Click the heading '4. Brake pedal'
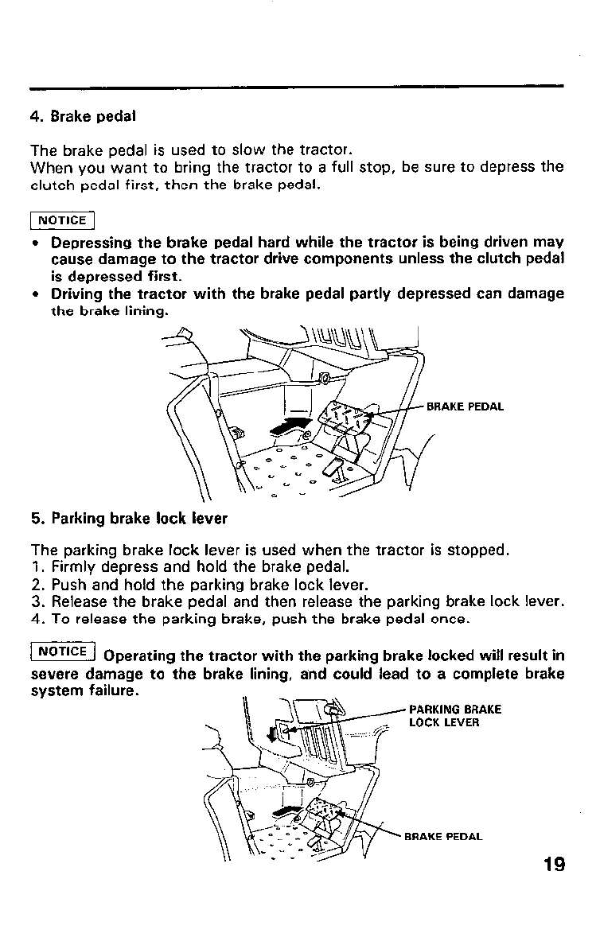tap(83, 116)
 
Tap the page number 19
tap(550, 864)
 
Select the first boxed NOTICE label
tap(62, 220)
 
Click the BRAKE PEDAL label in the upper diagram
tap(466, 406)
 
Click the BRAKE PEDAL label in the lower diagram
tap(443, 836)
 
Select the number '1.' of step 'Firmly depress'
tap(37, 569)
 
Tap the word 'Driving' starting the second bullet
tap(77, 294)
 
